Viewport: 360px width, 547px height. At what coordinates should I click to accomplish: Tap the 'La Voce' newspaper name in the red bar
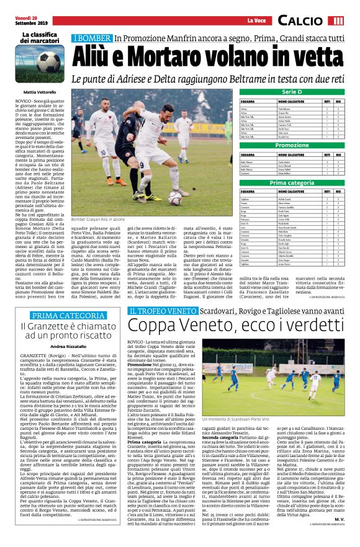(x=255, y=20)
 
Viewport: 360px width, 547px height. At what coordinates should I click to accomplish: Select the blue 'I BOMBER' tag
(x=92, y=38)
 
